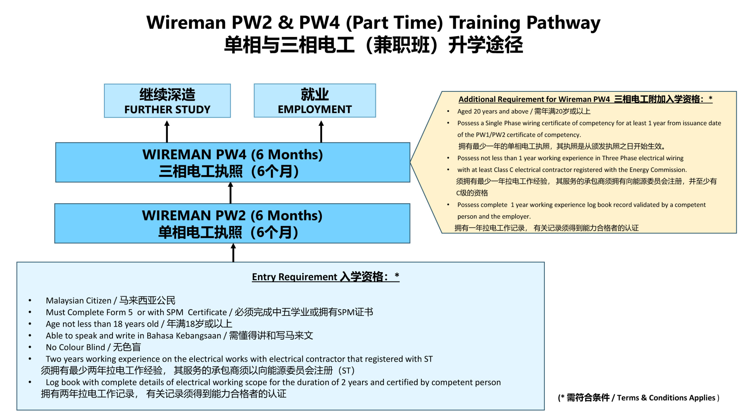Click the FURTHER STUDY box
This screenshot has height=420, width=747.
(x=167, y=101)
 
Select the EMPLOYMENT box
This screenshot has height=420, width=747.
(x=315, y=101)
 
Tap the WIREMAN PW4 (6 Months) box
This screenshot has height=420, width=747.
(x=233, y=162)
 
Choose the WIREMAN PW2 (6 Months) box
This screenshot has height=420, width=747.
(x=232, y=223)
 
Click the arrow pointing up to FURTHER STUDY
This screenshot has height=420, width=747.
(x=167, y=132)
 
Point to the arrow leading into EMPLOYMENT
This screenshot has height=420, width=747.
(x=321, y=132)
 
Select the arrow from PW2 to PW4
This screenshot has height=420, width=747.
(x=231, y=193)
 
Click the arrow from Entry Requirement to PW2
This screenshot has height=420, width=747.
(x=233, y=253)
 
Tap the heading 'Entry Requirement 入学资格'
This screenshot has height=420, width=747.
(x=326, y=276)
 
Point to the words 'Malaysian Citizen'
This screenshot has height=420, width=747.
(x=78, y=300)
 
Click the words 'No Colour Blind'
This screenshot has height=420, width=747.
(x=75, y=347)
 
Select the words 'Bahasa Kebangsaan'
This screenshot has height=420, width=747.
(x=184, y=336)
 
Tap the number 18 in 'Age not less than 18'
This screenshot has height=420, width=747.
(x=118, y=324)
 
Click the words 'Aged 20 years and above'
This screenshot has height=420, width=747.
(x=493, y=111)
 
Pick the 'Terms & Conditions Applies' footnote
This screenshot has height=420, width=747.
(x=666, y=398)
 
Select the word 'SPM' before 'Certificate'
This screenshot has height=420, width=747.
(x=175, y=312)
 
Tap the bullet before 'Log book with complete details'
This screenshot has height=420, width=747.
(x=30, y=382)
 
